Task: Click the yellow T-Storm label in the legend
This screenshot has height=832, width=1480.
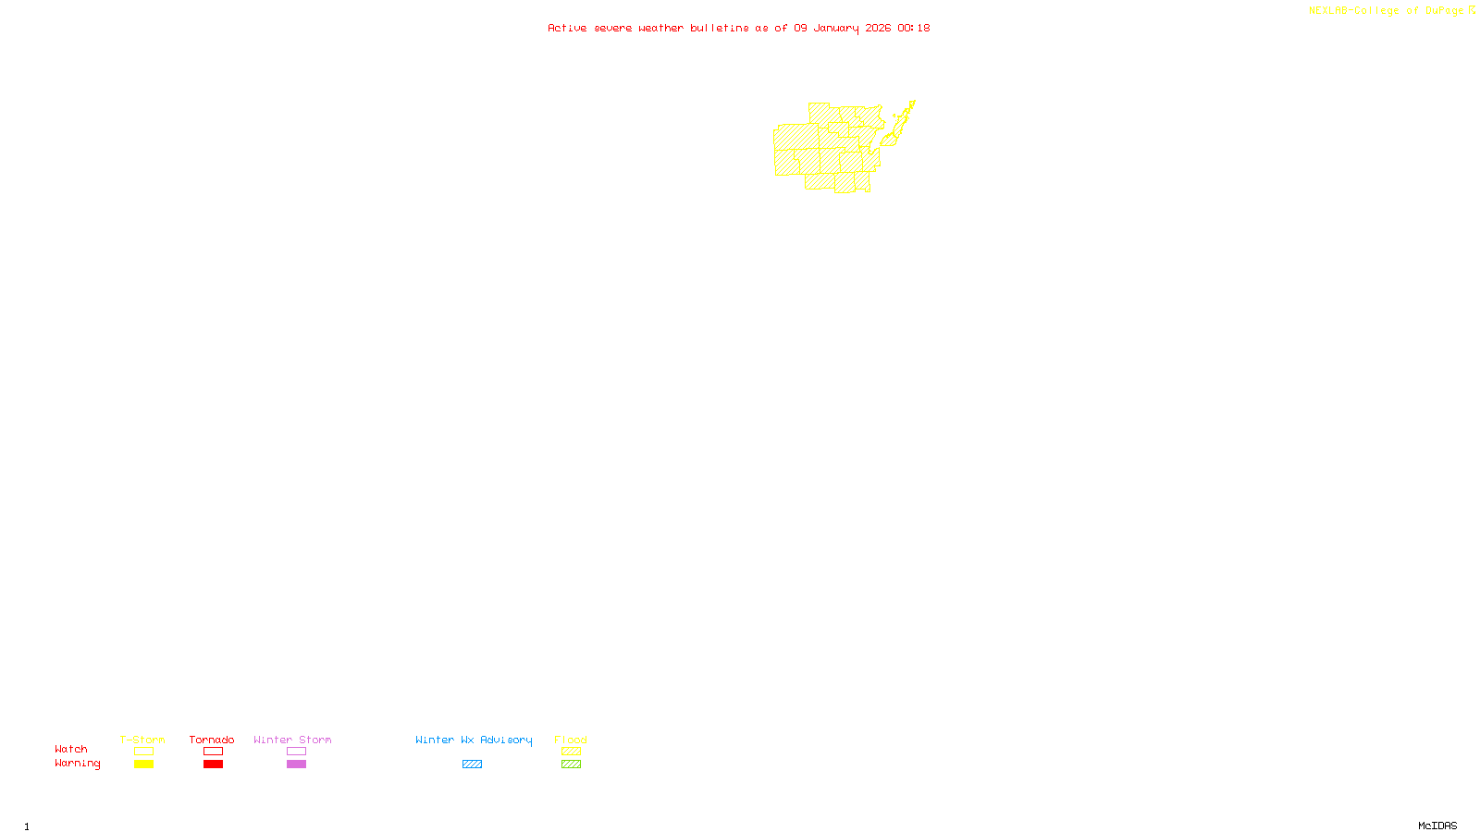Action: [142, 740]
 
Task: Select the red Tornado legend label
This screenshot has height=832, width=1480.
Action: [212, 740]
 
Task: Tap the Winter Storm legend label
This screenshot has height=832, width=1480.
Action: [292, 740]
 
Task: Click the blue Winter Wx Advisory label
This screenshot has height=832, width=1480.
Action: [474, 740]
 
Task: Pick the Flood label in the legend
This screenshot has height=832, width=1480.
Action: [571, 740]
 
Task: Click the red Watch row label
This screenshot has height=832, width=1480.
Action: [71, 749]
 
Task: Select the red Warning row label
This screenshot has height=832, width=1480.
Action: [78, 764]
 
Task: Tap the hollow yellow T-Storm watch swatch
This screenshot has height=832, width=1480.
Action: [143, 752]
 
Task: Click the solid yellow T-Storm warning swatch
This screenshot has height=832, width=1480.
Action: [143, 765]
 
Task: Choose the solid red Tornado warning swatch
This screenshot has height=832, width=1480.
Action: [213, 765]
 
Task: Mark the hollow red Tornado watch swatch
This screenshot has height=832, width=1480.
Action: [213, 752]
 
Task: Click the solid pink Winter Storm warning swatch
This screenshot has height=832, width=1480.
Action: [296, 765]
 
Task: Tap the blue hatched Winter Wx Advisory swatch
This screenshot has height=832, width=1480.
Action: [472, 765]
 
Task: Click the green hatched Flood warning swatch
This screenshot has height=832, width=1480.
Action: [571, 765]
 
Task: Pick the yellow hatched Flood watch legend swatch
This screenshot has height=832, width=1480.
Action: [571, 752]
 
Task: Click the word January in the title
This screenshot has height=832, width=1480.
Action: [836, 28]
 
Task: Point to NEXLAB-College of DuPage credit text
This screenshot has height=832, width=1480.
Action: [1386, 11]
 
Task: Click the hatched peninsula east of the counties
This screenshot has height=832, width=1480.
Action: [899, 125]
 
